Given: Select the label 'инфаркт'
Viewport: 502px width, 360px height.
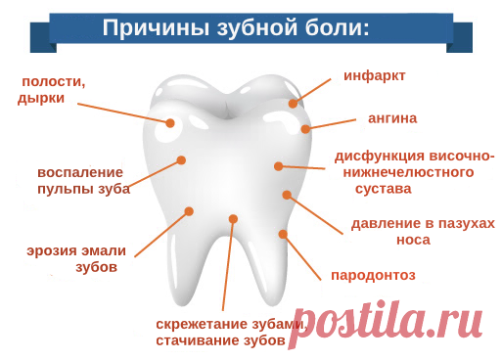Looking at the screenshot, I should [374, 75].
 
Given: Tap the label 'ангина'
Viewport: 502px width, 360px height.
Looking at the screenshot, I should [391, 118].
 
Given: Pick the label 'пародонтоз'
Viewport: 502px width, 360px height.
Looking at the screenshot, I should [373, 275].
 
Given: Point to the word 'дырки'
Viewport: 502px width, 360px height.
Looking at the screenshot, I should [41, 99].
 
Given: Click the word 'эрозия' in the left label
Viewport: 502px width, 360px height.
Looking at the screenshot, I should [50, 248].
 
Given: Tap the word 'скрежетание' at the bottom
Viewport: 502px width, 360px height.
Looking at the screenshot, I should [199, 323].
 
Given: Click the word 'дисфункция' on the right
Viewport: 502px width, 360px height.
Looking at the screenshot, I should [381, 156].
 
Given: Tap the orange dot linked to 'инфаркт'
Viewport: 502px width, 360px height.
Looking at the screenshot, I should [293, 103].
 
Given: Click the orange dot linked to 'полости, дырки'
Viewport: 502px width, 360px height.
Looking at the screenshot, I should [170, 123].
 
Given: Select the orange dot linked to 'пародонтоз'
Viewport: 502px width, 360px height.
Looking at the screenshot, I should [283, 234].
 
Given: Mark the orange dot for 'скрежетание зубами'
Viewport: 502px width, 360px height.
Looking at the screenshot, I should [233, 219].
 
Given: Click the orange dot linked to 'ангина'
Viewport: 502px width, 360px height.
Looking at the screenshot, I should [305, 129].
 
